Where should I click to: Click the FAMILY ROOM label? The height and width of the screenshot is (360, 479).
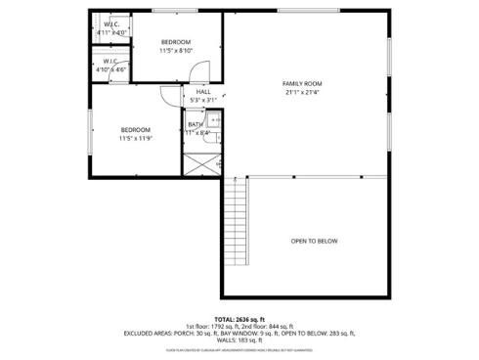pos(302,84)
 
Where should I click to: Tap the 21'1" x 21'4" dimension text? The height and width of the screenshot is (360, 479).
pos(302,93)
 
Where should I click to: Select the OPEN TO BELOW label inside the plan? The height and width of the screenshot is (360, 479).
pos(314,241)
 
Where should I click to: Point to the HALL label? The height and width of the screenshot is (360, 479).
pos(202,91)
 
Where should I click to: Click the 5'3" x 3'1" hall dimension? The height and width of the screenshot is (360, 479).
pos(202,100)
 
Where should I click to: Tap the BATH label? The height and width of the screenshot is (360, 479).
pos(196,124)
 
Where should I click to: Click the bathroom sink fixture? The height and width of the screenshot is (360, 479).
pos(217,120)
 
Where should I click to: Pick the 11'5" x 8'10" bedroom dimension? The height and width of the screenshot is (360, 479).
pos(176,50)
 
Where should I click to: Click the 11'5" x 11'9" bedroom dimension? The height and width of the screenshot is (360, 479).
pos(136,138)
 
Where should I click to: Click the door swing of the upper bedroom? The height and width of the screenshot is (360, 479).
pos(199,71)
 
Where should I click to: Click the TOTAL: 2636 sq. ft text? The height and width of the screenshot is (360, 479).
pos(239,319)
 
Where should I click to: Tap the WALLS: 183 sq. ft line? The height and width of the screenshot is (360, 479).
pos(239,338)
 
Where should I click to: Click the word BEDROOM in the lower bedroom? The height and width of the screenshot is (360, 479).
pos(136,130)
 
